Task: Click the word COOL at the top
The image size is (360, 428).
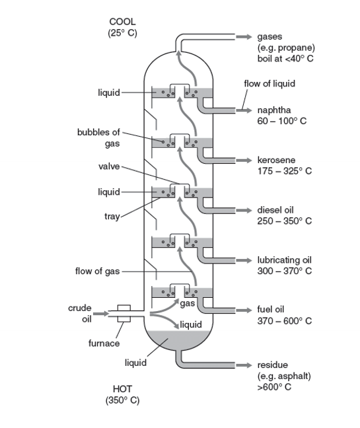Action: pos(122,22)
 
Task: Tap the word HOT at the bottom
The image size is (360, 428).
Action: pos(122,389)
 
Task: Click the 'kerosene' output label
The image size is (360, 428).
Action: pos(276,160)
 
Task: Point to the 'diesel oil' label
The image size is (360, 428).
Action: pos(276,210)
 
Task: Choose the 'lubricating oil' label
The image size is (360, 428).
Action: pos(283,260)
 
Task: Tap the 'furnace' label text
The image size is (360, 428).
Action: pos(104,343)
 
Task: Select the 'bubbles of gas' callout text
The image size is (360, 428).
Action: pos(98,137)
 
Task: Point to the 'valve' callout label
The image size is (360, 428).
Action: pos(109,166)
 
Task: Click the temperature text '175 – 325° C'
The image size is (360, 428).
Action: pos(284,171)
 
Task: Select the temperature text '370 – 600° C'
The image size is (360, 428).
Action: pos(284,320)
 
